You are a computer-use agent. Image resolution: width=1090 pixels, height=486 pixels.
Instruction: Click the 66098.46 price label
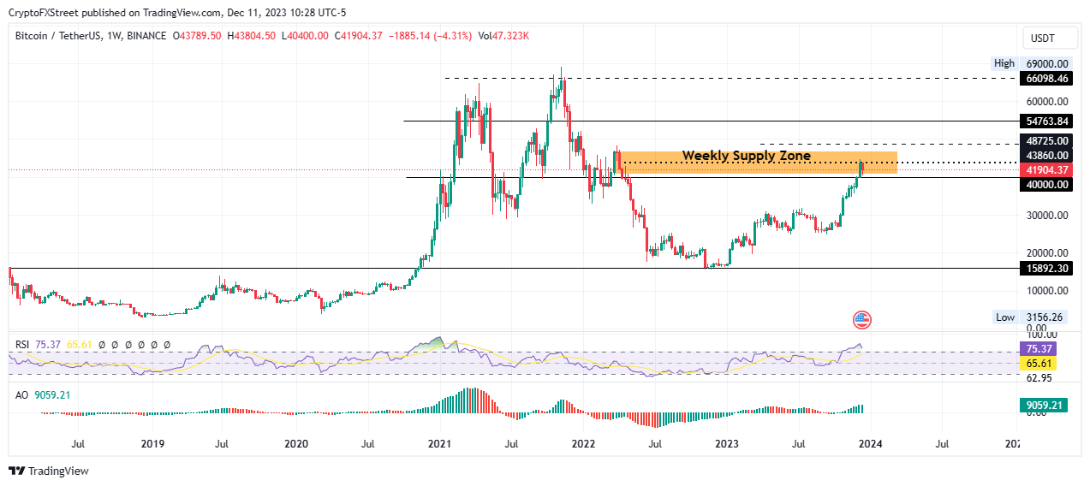coord(1046,78)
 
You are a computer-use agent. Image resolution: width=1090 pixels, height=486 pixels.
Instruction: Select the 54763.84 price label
coord(1046,121)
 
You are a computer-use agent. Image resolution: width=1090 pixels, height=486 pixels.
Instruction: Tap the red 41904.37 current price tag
coord(1046,170)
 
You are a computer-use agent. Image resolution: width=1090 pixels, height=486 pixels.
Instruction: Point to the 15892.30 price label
coord(1046,269)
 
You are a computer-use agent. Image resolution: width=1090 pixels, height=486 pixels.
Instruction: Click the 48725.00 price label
coord(1046,140)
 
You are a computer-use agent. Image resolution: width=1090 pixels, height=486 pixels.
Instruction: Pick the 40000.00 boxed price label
coord(1046,185)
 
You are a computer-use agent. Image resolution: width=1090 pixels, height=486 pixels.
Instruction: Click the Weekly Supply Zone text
coord(746,156)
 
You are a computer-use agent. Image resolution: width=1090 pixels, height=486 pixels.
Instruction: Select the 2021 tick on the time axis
coord(439,444)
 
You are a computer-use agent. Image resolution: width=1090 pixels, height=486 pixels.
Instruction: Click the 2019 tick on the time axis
coord(152,444)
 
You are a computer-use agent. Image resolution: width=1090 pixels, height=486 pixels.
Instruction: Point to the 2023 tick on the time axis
coord(726,444)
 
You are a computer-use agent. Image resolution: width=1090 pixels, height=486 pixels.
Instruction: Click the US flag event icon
coord(862,321)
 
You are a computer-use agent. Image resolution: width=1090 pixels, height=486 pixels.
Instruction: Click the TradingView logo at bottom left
coord(49,471)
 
